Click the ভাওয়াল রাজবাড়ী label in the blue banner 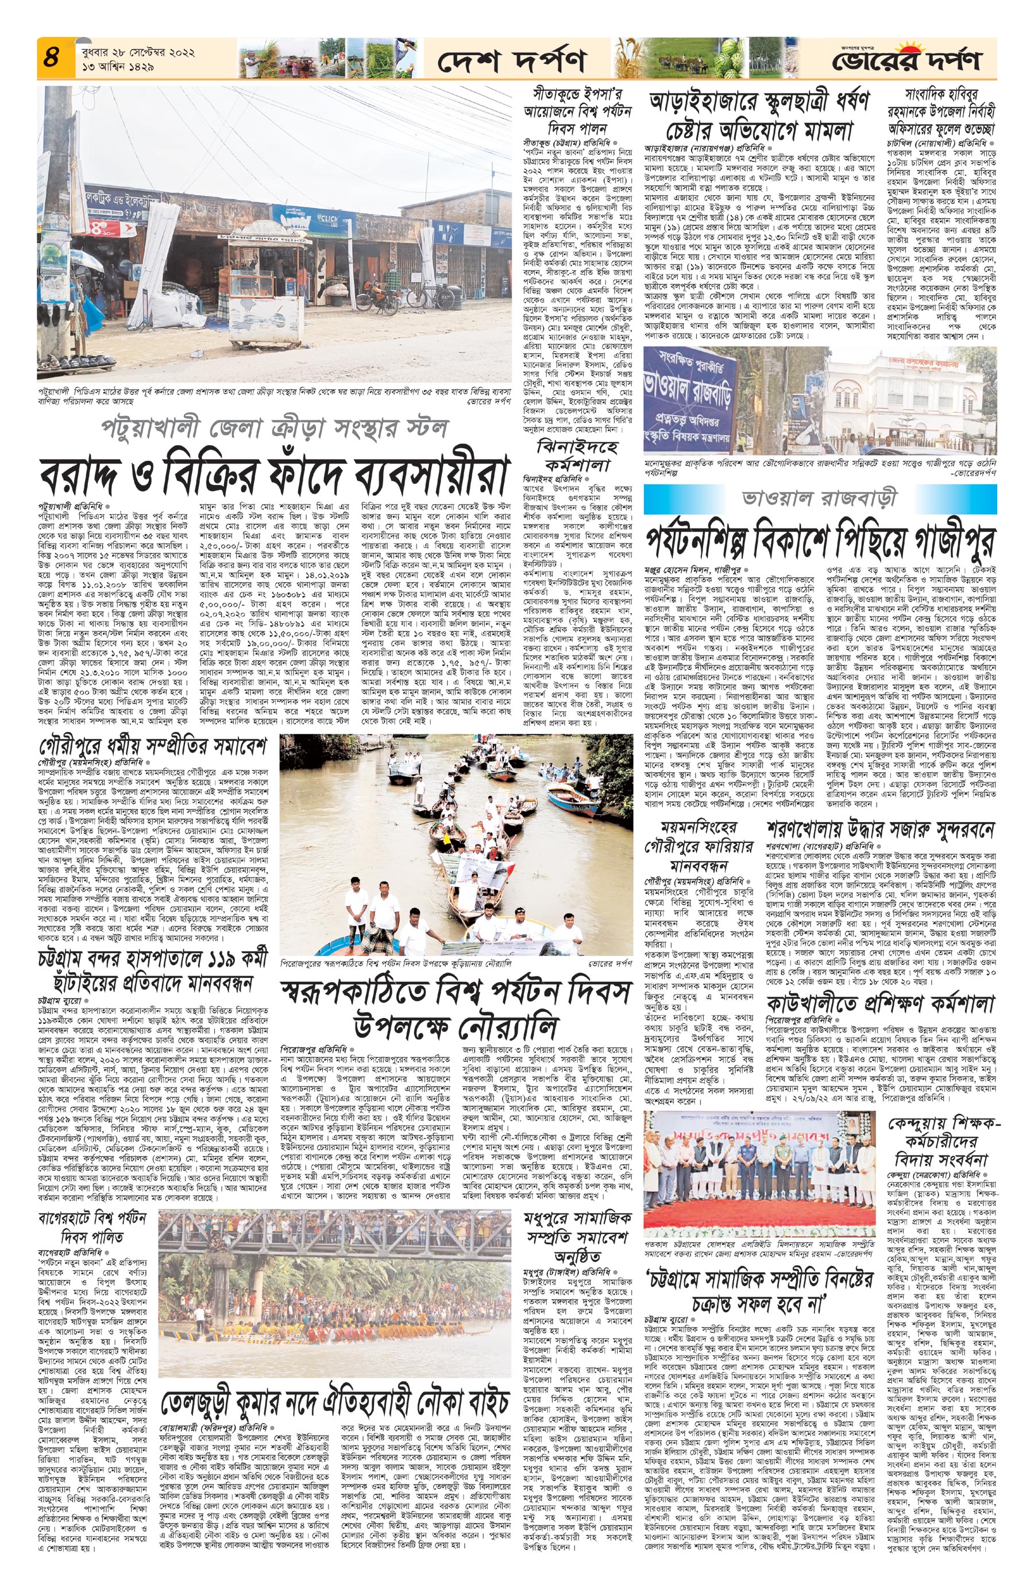pyautogui.click(x=820, y=498)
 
